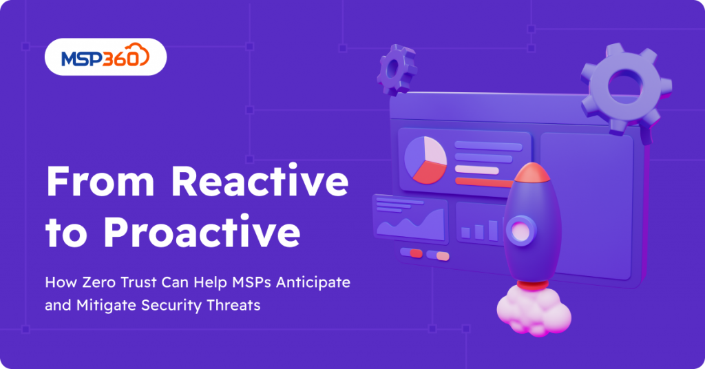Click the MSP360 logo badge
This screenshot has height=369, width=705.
coord(105,56)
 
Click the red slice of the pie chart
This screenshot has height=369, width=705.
coord(429,173)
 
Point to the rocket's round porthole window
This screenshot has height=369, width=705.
coord(520,232)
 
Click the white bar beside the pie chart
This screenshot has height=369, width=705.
coord(476,170)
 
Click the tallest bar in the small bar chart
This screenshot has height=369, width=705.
coord(493,230)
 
